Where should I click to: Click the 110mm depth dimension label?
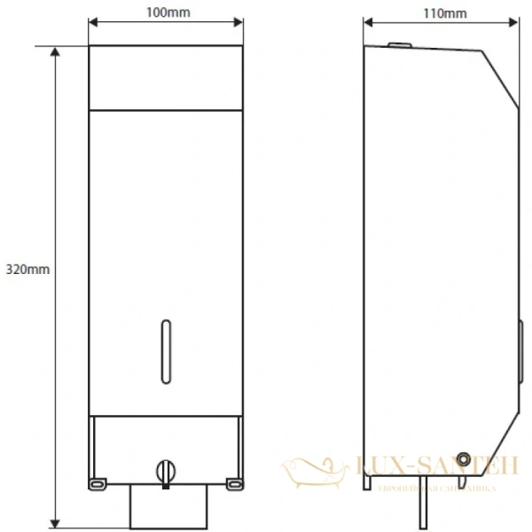tap(443, 13)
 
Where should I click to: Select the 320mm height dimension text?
tap(25, 268)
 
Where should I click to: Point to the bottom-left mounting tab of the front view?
tap(95, 482)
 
